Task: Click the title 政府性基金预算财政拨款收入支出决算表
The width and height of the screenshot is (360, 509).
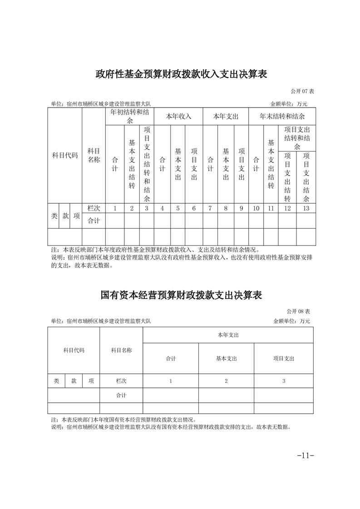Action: [181, 74]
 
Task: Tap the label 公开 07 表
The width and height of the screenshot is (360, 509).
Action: [301, 91]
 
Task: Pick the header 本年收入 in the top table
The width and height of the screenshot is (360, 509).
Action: [178, 116]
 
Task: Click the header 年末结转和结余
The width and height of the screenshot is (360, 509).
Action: [282, 116]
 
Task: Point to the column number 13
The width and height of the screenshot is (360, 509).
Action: [306, 208]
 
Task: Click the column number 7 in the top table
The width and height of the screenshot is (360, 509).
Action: [210, 208]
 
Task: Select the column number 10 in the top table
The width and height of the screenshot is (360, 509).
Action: [256, 208]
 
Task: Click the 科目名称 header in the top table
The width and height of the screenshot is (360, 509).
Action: [94, 155]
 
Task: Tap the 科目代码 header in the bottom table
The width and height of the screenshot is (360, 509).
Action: [74, 350]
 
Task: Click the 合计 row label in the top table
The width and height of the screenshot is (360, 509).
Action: [94, 221]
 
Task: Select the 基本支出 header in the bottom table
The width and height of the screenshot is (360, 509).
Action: [226, 358]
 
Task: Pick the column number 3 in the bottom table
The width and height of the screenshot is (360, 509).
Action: [284, 381]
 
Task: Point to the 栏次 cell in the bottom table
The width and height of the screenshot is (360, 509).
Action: [121, 381]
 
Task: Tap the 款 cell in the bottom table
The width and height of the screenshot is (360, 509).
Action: [74, 381]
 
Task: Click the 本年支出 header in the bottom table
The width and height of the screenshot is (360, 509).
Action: [228, 335]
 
